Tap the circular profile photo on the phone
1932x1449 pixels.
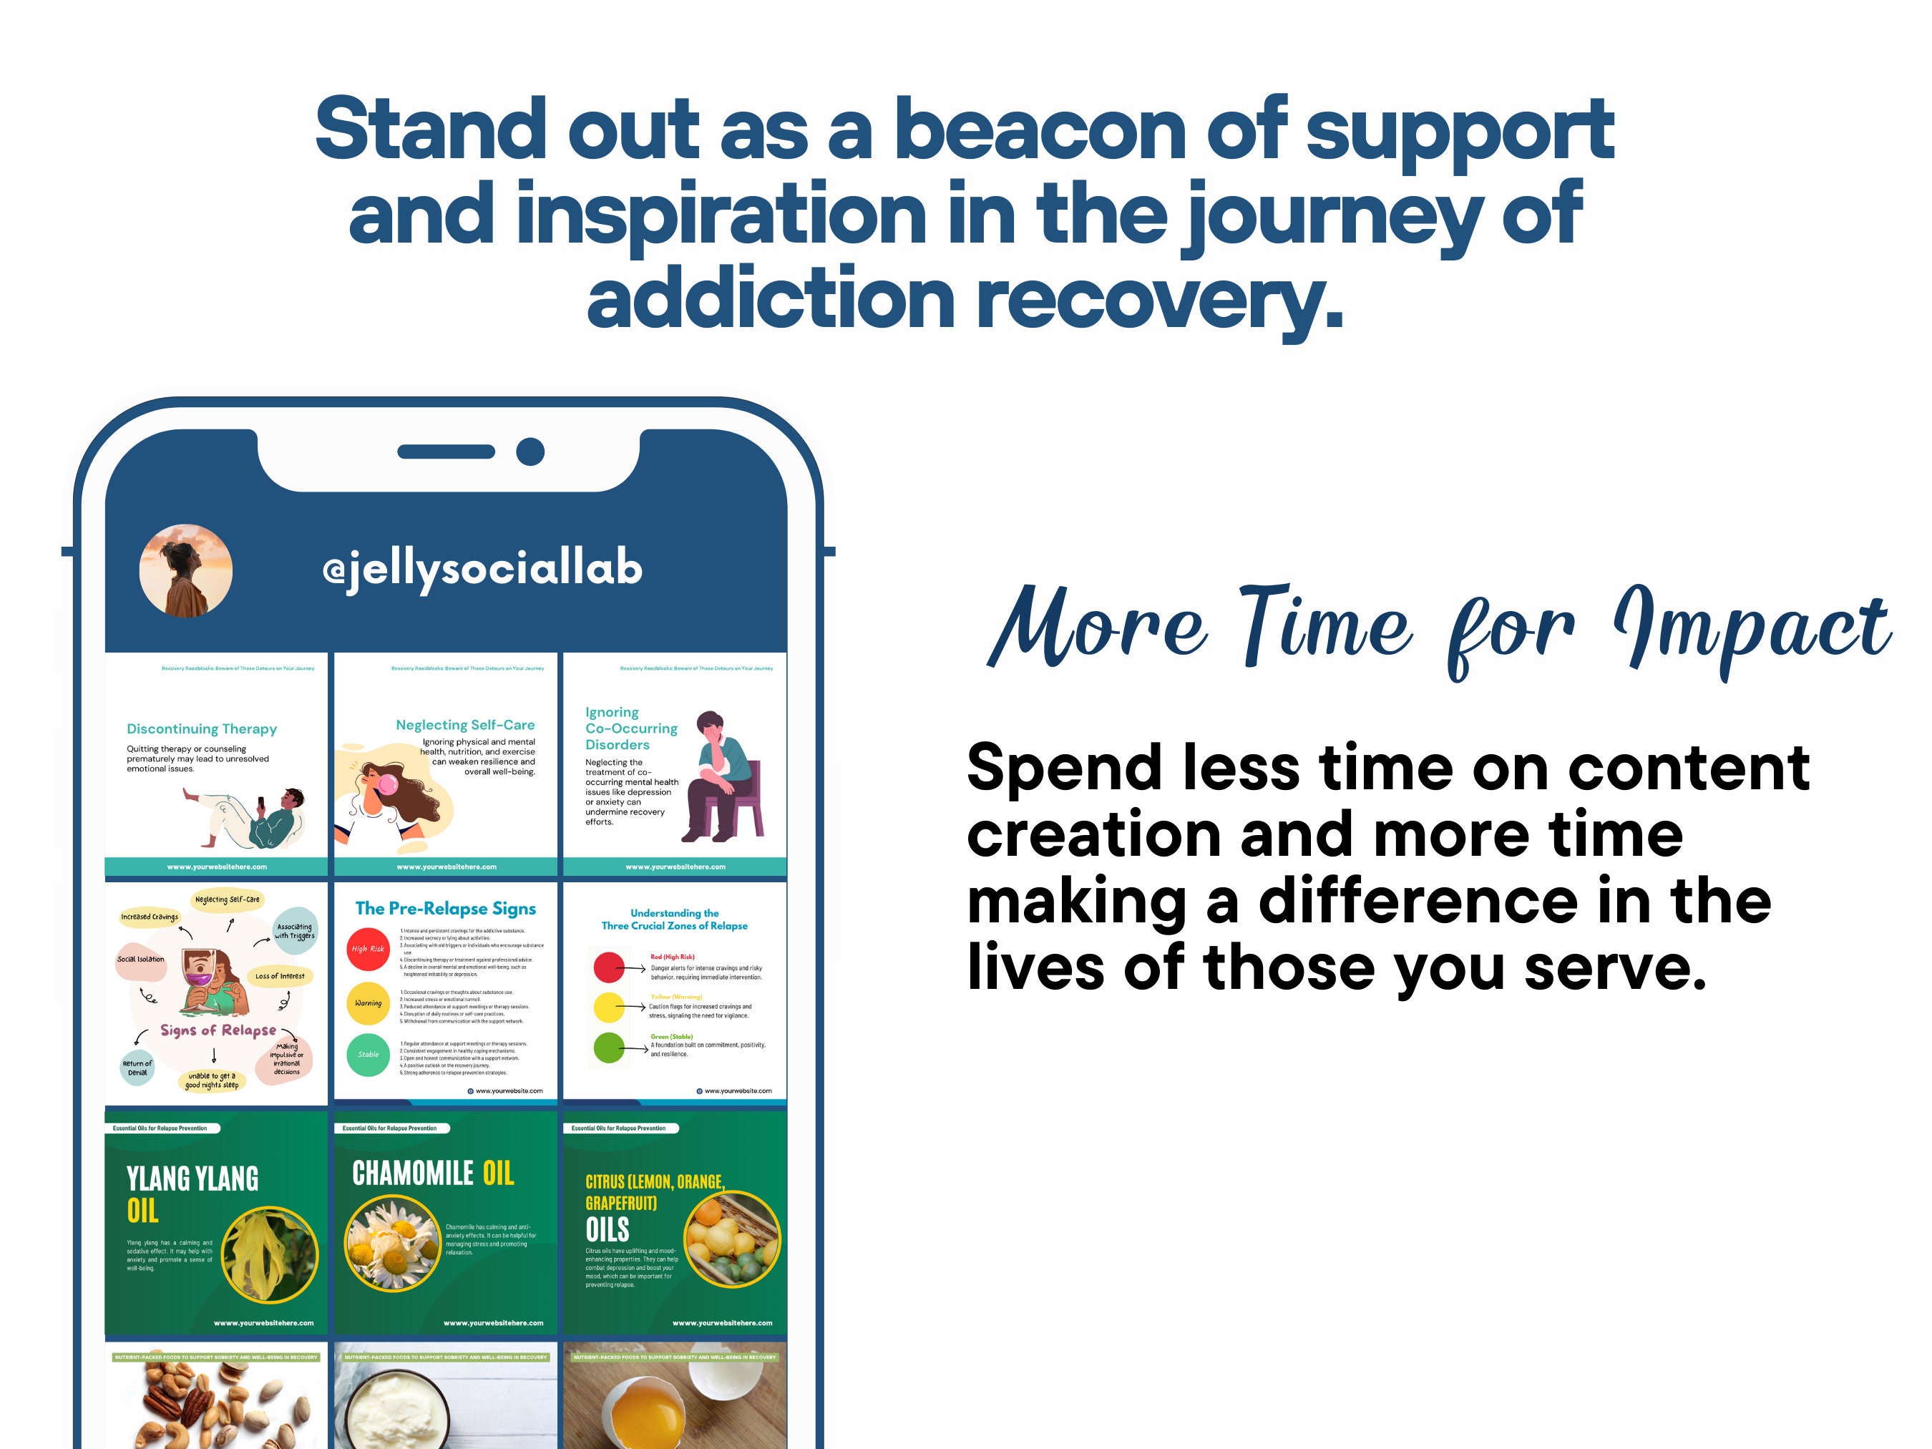coord(186,570)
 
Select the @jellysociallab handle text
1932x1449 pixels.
coord(482,570)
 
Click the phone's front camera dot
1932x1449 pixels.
coord(530,452)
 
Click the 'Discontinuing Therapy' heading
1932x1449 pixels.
coord(202,728)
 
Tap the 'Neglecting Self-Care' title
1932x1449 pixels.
coord(464,725)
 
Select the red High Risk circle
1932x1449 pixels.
coord(368,949)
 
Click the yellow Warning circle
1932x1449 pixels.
coord(368,1002)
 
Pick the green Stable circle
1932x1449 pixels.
coord(368,1054)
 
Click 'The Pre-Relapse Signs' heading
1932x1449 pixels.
coord(446,908)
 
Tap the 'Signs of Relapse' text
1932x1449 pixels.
coord(218,1030)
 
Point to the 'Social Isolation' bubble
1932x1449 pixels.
coord(141,959)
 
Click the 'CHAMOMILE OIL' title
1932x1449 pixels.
coord(433,1173)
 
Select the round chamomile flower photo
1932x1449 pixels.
coord(392,1243)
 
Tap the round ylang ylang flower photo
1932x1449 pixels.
coord(270,1255)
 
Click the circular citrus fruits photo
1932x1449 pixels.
coord(732,1239)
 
